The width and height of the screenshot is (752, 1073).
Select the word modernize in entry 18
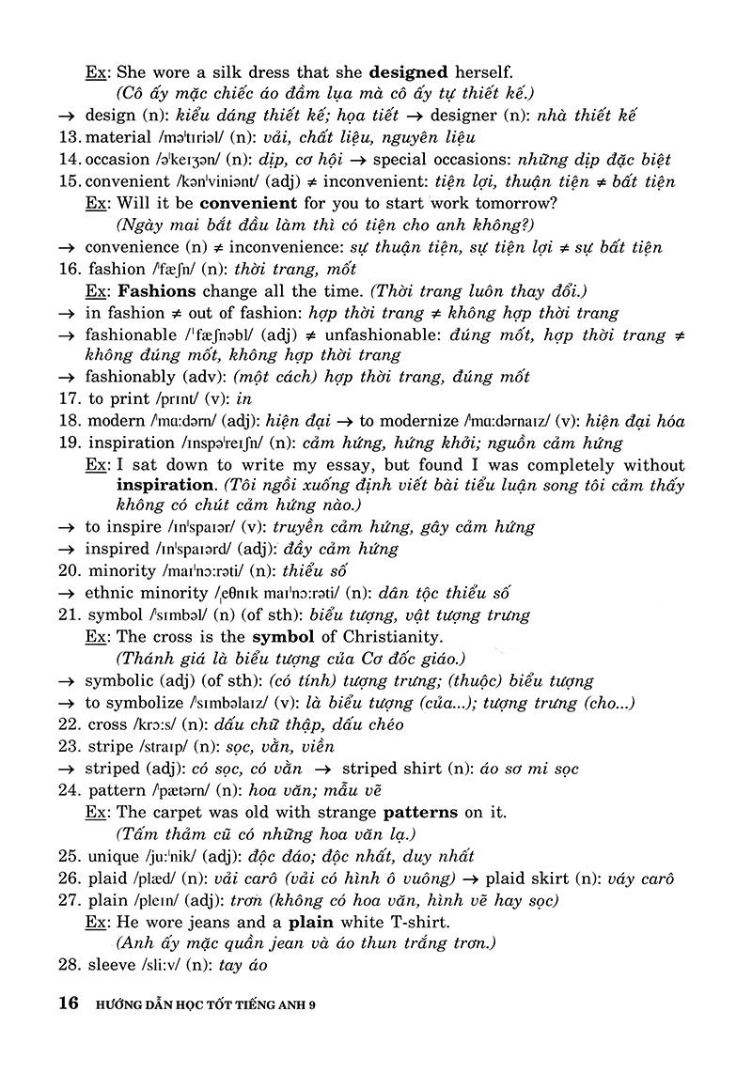[419, 422]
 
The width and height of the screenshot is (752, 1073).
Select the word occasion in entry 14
[117, 160]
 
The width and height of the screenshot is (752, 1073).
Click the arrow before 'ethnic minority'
[66, 594]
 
